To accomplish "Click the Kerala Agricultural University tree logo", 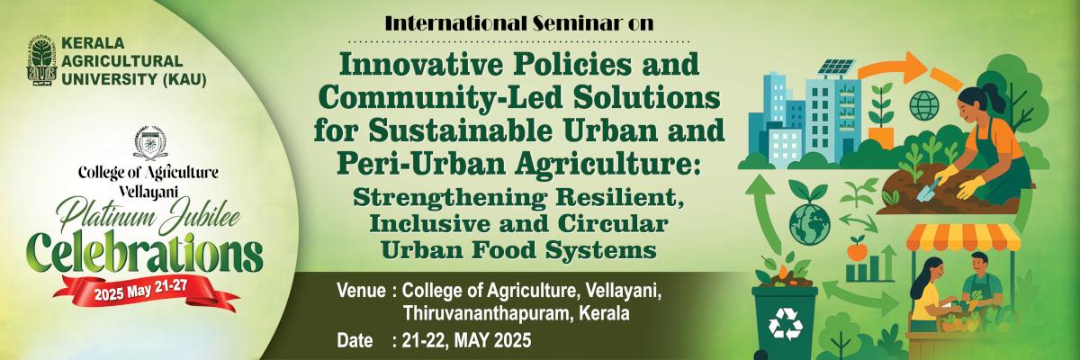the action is (x=42, y=60).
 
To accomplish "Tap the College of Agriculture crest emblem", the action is (x=150, y=143).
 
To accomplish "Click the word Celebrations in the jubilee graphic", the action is (x=145, y=254).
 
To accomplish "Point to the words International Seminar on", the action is (x=519, y=23).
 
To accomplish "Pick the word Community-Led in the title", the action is (x=440, y=98).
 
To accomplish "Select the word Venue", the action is (x=361, y=291).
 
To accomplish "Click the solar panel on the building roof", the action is (x=837, y=67).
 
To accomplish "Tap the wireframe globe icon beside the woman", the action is (x=924, y=105).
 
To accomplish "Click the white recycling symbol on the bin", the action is (x=786, y=324).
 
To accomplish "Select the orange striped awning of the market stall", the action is (x=964, y=238).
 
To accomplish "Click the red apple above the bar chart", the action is (x=857, y=248).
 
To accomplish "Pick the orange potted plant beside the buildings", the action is (x=881, y=114).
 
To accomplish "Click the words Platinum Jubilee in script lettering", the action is (x=148, y=215).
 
